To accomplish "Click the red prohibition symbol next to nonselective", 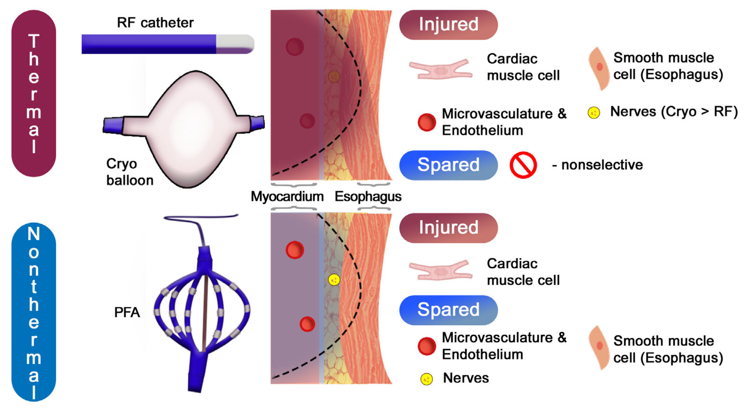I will [523, 165].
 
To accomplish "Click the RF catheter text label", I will [155, 23].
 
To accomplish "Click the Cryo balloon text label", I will [129, 172].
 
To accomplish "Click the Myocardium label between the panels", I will [287, 196].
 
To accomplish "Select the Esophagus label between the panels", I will [368, 196].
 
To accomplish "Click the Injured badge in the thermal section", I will [448, 25].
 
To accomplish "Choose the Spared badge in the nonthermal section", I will [448, 310].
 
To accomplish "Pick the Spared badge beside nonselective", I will [448, 165].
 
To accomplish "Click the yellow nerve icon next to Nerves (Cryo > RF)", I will [594, 113].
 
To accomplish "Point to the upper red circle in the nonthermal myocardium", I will [295, 250].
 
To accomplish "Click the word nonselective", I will [602, 165].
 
